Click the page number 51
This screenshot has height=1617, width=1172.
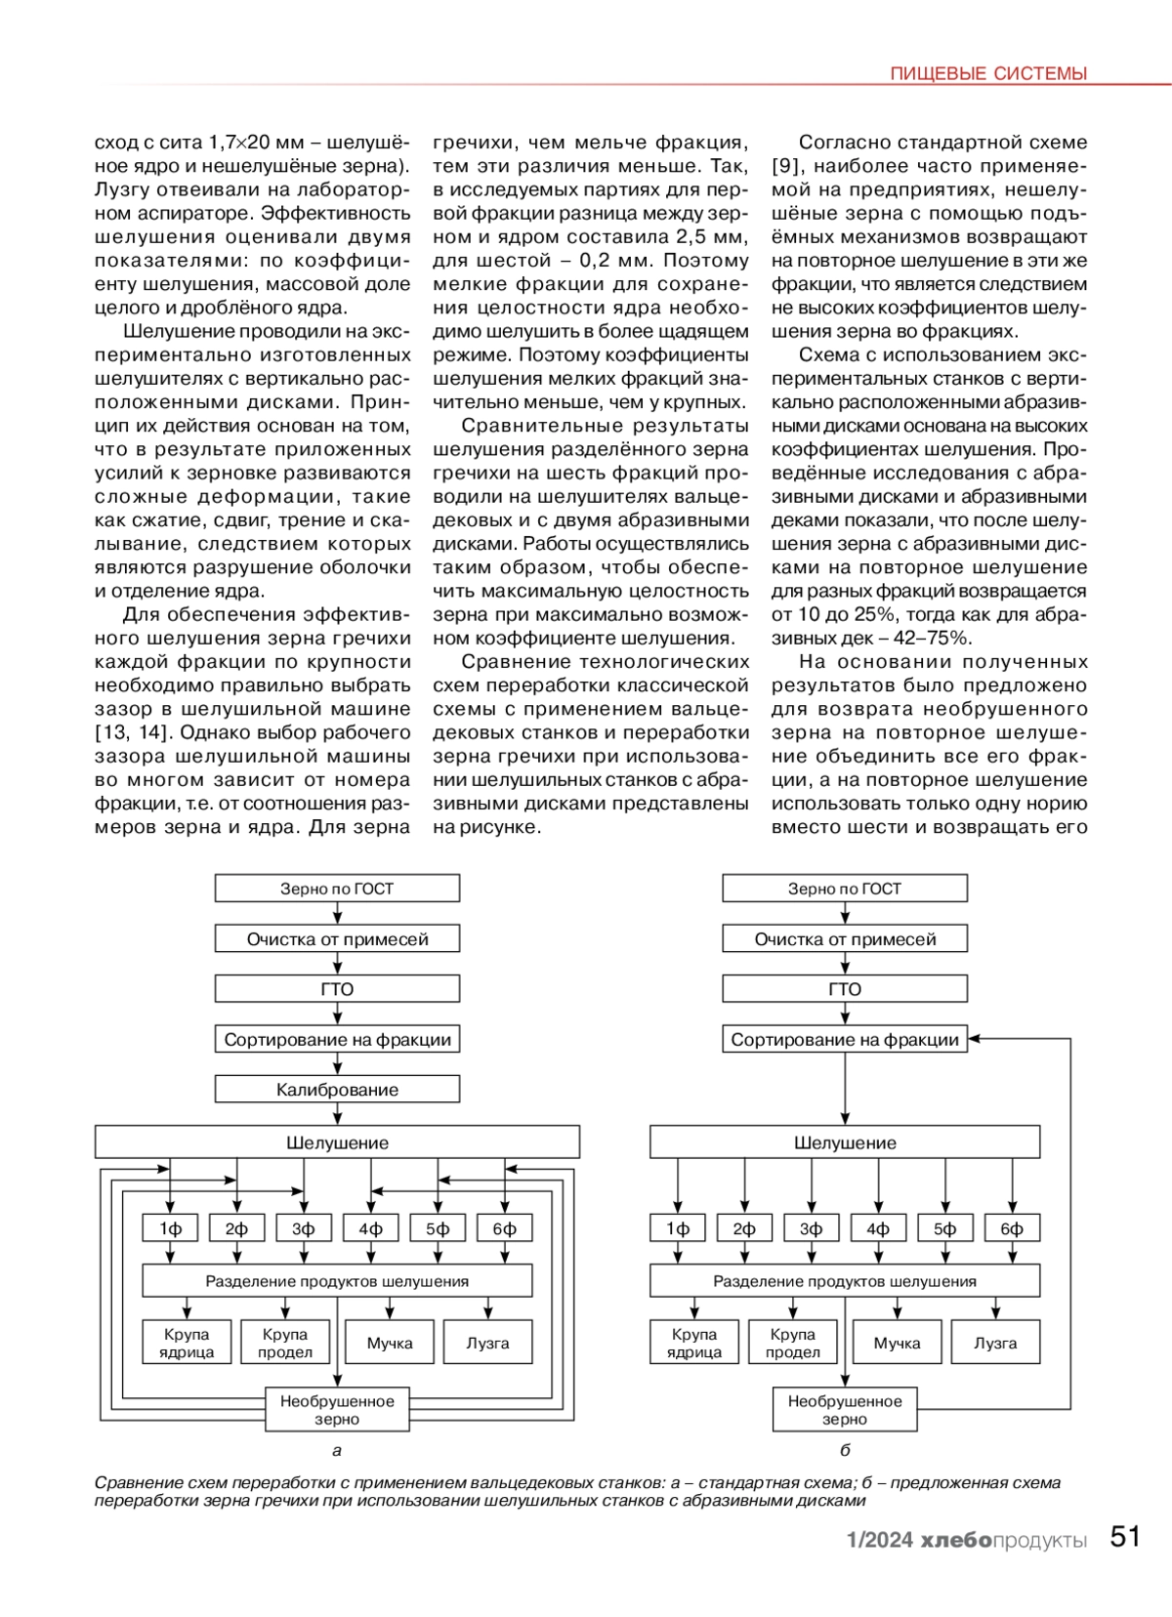click(1125, 1537)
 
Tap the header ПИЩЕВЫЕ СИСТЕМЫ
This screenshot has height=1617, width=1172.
click(988, 74)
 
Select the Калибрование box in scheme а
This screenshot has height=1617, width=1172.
click(337, 1090)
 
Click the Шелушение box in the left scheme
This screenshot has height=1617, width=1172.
click(337, 1142)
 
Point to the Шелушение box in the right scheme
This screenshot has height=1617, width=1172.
click(845, 1142)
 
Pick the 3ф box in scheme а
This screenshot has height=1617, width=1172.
click(304, 1228)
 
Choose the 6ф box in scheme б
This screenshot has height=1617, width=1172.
click(1012, 1228)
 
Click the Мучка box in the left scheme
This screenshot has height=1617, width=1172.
click(390, 1343)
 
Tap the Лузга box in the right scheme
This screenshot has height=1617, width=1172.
click(995, 1343)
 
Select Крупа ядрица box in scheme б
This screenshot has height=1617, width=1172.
click(694, 1343)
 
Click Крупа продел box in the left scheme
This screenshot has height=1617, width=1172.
click(285, 1343)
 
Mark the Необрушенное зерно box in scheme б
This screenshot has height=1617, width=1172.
click(845, 1410)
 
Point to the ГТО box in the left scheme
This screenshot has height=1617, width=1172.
click(337, 989)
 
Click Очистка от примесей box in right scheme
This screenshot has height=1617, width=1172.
click(845, 939)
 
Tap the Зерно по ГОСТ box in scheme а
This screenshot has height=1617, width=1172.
click(337, 889)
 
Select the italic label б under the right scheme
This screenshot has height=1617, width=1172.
click(845, 1450)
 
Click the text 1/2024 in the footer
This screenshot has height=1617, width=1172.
click(879, 1540)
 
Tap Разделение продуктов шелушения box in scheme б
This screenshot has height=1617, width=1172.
click(845, 1281)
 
